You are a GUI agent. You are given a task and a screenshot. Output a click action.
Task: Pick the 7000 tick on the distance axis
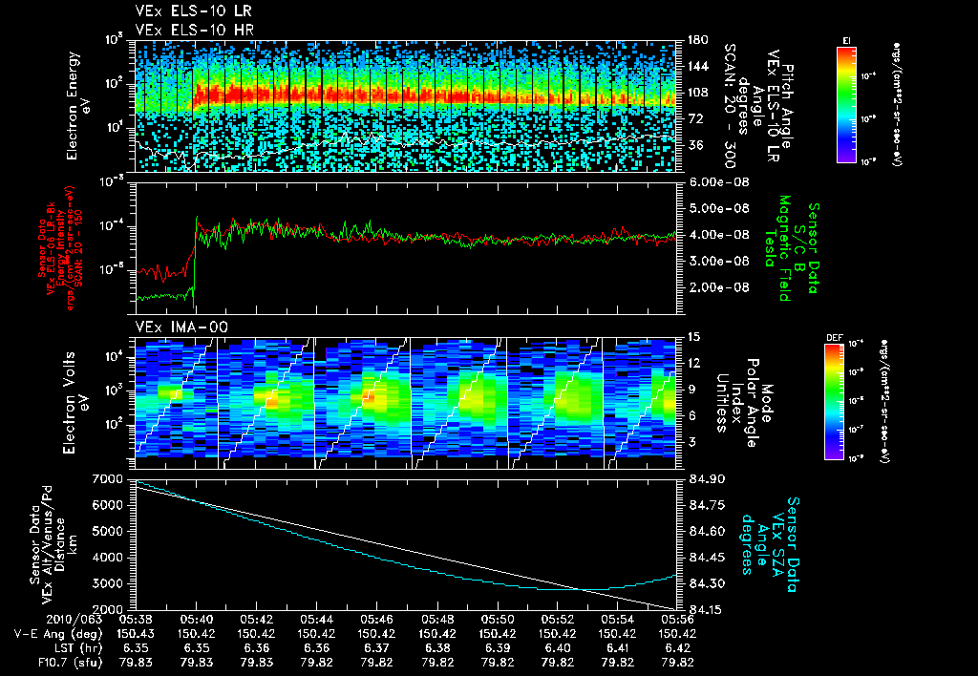[x=113, y=477]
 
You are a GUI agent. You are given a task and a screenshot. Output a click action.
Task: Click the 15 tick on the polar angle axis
[x=691, y=336]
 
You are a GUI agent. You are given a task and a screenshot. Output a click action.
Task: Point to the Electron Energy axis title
[x=78, y=105]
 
